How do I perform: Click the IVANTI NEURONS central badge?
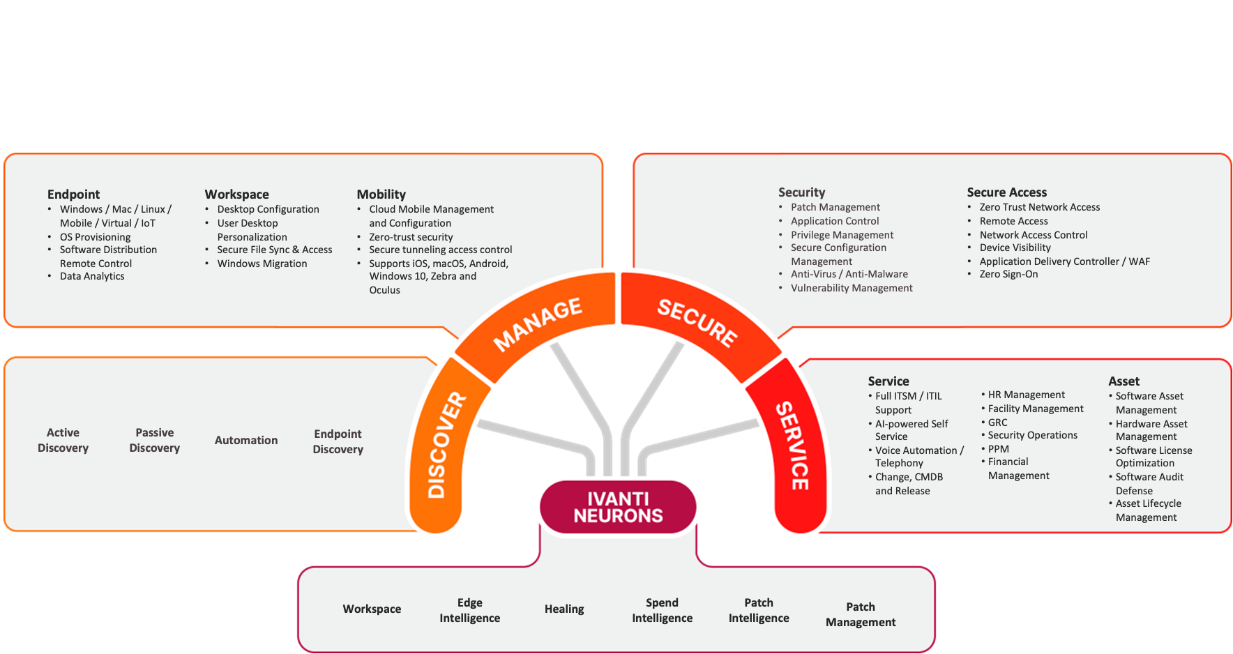[618, 507]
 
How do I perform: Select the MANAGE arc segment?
[537, 324]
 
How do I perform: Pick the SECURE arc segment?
[697, 323]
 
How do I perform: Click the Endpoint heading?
[73, 195]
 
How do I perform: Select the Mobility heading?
[381, 195]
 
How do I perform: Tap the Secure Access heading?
[1006, 192]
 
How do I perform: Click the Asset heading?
[1124, 381]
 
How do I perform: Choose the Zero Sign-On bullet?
[1008, 274]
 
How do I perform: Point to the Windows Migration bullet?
[262, 264]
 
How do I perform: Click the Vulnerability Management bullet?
[851, 288]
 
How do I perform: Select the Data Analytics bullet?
[92, 276]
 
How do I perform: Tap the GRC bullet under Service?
[997, 423]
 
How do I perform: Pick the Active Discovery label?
[63, 440]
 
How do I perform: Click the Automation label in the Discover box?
[246, 440]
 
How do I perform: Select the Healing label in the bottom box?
[564, 609]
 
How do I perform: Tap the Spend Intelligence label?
[662, 610]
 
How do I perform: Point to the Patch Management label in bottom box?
[861, 614]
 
